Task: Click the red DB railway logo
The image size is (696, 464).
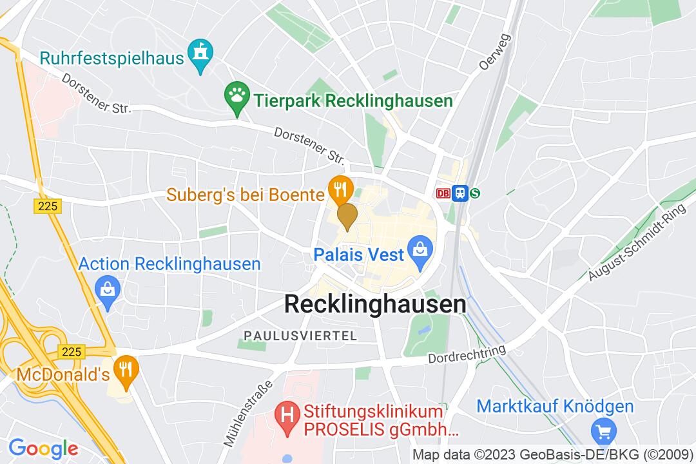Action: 443,193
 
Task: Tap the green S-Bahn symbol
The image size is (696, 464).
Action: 476,193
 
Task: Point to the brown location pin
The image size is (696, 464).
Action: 347,216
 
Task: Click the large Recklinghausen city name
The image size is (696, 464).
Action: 375,304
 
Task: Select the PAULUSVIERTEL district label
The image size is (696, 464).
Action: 300,335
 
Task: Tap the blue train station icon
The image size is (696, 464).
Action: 459,193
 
